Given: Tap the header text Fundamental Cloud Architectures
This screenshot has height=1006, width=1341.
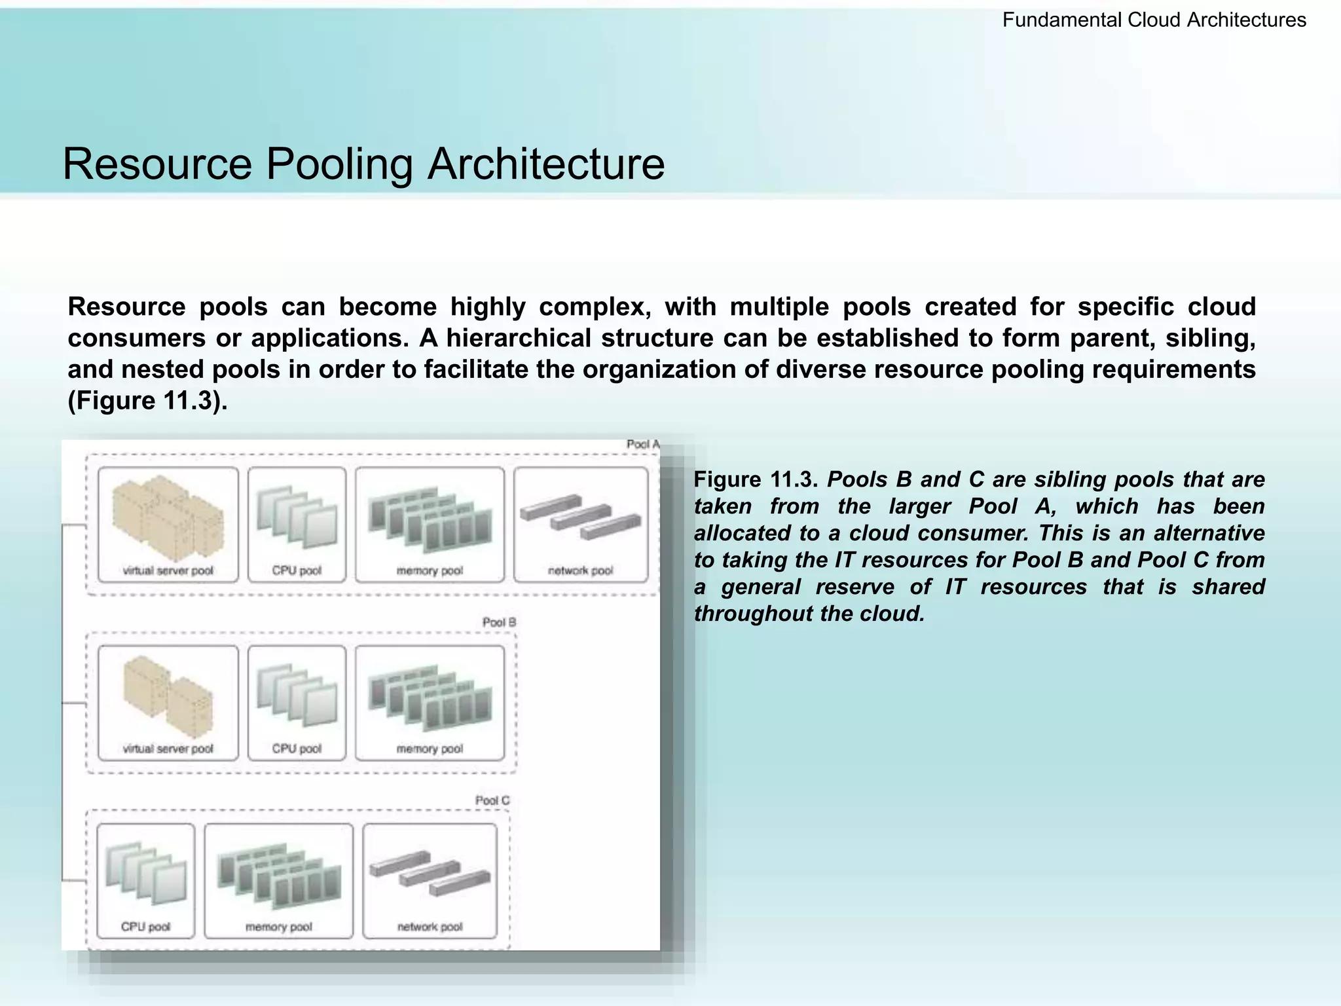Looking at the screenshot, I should (1154, 20).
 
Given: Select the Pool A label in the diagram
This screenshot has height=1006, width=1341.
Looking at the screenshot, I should (642, 445).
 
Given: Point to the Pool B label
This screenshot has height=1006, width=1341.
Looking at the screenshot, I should (499, 622).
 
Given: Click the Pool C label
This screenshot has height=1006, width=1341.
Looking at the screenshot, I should (492, 800).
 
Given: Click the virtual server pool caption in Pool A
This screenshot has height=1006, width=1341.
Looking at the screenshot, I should (168, 570).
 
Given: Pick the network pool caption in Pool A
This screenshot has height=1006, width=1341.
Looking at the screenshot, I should (580, 570).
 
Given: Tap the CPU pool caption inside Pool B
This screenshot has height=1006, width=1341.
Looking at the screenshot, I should (297, 749).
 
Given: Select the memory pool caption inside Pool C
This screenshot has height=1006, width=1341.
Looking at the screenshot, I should (278, 927).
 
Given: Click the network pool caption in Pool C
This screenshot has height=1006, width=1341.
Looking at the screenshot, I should (430, 927).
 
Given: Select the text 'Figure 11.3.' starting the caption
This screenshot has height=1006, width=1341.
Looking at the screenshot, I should (755, 480).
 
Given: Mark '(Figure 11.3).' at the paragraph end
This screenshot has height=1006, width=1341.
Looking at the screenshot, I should (147, 401).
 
